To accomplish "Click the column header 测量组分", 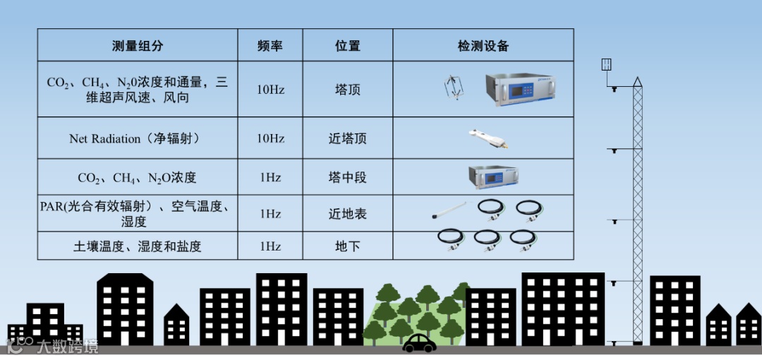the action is [x=138, y=46].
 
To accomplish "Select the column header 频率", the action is [x=270, y=46].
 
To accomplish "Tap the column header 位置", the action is [x=348, y=46].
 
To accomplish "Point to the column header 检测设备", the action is [x=483, y=46].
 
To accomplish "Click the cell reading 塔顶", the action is [x=348, y=90].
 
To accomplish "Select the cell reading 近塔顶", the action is [x=348, y=139].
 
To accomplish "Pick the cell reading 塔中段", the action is [x=348, y=177].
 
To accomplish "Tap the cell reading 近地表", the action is [x=348, y=214].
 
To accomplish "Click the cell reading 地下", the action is [x=348, y=246].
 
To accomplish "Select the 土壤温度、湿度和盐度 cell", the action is [x=138, y=246].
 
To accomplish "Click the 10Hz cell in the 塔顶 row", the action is [x=270, y=90].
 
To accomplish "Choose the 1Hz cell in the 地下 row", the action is [x=270, y=246].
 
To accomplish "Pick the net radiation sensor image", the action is [x=488, y=138].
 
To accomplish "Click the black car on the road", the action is [x=419, y=343].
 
